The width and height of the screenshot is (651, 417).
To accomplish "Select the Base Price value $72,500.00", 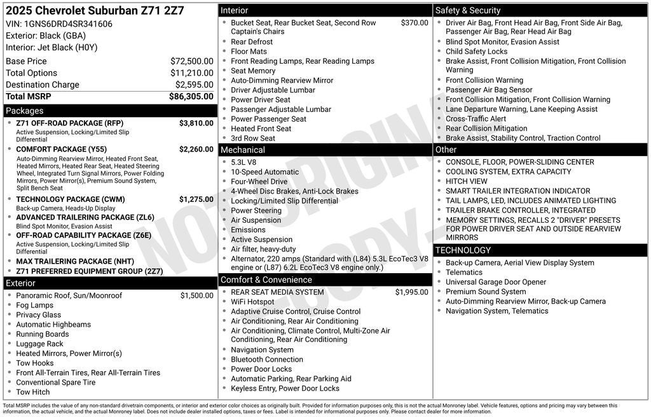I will point(191,61).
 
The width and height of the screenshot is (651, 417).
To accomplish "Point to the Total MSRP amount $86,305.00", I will point(191,97).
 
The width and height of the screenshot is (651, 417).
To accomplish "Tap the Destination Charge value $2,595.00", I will point(194,85).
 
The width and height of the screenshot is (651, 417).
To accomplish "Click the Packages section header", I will point(25,111).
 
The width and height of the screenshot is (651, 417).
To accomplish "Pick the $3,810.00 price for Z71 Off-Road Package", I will point(196,123).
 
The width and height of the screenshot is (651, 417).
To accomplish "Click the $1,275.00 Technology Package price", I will point(196,199).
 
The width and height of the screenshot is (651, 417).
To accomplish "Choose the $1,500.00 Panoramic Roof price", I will point(196,295).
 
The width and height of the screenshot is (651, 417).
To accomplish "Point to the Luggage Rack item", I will point(39,344).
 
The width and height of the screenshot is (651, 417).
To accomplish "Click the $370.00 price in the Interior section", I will point(415,23).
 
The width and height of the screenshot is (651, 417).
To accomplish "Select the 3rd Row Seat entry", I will point(253,138).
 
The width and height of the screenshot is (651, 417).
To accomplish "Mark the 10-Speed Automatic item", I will point(264,172).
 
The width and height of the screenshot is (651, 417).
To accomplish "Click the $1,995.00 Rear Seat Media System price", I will point(411,292).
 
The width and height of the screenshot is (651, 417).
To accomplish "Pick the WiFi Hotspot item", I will point(252,302).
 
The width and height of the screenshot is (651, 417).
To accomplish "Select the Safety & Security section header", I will point(468,10).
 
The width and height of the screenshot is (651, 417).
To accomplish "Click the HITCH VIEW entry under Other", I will point(466,181).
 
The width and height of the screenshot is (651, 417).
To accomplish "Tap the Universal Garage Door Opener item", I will point(496,282).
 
